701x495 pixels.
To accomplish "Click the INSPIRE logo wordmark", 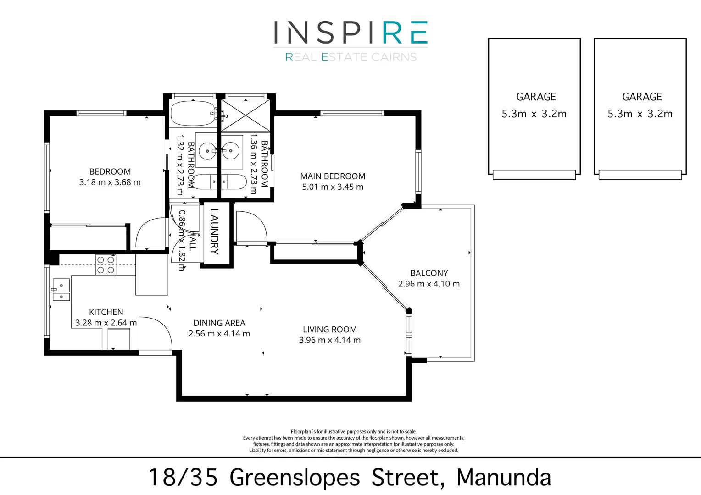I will [350, 33].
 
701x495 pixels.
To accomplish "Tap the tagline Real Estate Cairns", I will [351, 57].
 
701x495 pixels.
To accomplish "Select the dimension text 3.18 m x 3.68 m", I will [110, 182].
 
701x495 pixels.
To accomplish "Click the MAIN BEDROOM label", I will [333, 176].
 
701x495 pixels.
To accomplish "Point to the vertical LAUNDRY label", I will [214, 231].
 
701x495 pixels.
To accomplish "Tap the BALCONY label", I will [429, 273].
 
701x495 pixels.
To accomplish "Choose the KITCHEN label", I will [106, 312].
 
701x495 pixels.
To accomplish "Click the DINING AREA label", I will [219, 323].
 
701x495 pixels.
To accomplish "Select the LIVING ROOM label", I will [329, 330].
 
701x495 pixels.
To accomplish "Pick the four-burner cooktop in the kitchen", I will [106, 265].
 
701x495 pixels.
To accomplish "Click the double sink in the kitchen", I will [61, 290].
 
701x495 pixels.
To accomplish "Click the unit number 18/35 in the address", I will [183, 478].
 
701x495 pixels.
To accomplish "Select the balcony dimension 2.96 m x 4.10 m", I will [428, 284].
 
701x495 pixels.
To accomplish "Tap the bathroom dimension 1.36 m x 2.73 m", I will [253, 164].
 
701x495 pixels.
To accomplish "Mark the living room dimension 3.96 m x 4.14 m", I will [329, 341].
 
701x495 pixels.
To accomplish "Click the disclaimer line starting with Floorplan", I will [353, 432].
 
